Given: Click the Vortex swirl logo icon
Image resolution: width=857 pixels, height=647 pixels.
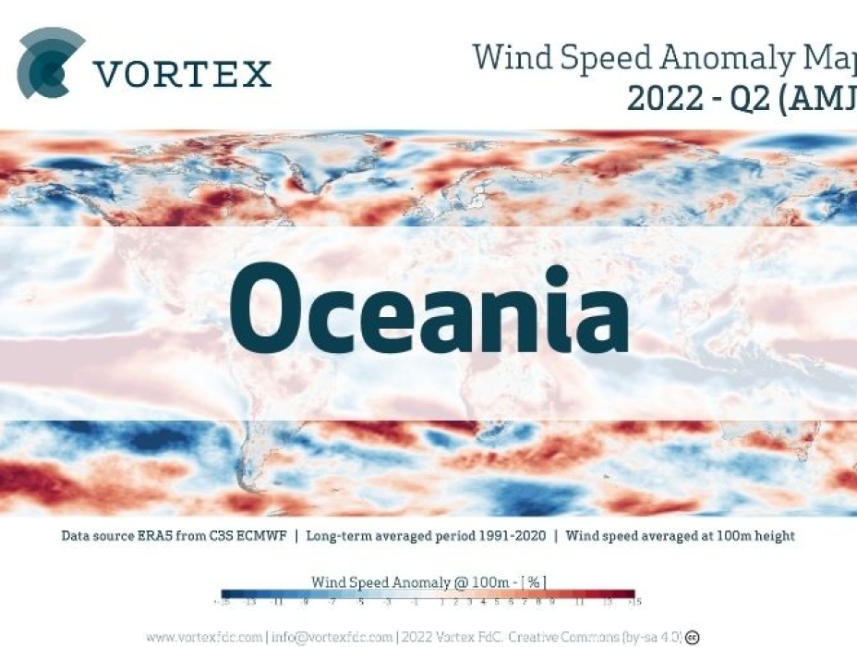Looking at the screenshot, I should (x=50, y=63).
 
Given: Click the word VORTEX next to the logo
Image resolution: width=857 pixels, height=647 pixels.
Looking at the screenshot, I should (x=182, y=73).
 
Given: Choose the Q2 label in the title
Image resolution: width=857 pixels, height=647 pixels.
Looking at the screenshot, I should (x=745, y=95).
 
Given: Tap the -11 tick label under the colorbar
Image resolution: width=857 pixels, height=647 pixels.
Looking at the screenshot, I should (x=275, y=604).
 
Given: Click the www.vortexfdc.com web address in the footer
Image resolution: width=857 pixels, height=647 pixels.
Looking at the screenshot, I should (x=204, y=636).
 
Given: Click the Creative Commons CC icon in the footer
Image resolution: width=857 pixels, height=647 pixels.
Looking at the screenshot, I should (x=692, y=636).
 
